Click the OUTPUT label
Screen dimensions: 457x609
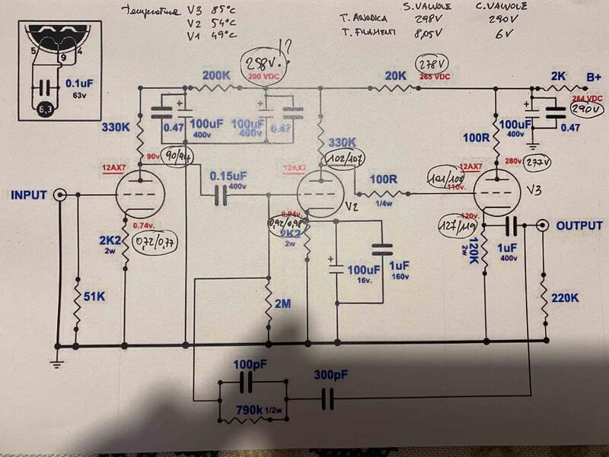pos(579,226)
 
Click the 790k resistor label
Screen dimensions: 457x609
pos(250,411)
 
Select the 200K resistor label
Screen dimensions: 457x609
pos(217,75)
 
